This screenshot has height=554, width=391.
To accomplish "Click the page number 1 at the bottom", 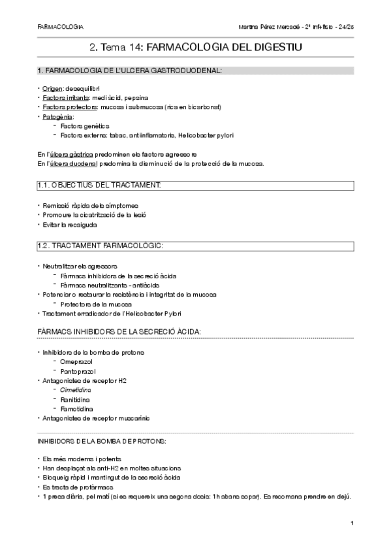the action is (352, 523).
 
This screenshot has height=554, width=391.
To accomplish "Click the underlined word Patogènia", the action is (58, 116).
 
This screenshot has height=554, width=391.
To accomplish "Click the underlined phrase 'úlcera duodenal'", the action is (72, 163).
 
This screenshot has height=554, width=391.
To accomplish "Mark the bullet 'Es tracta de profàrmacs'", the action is (79, 487).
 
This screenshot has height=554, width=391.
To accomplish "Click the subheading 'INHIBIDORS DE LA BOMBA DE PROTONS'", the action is (102, 441).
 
